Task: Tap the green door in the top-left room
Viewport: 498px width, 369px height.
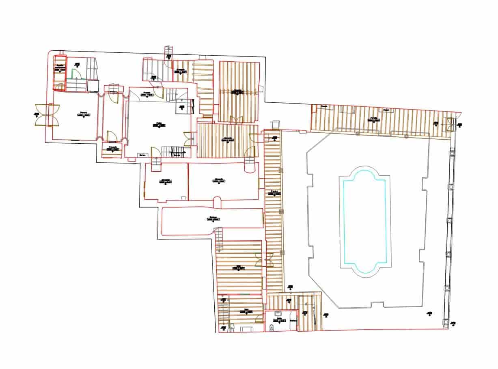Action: [x=75, y=73]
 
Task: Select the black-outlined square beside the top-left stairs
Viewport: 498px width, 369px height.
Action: [x=93, y=86]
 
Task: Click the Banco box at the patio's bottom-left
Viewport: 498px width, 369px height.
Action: [x=142, y=155]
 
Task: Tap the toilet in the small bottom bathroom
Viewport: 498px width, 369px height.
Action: [x=272, y=327]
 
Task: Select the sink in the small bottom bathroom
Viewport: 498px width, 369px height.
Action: [x=278, y=314]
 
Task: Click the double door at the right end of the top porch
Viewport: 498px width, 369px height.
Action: [x=449, y=124]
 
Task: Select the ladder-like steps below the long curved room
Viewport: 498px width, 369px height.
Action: [x=219, y=240]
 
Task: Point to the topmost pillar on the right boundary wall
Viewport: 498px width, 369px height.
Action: [x=450, y=154]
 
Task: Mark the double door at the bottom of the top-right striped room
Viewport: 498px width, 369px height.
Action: [x=236, y=119]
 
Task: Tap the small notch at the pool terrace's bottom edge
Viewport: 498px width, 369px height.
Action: [x=377, y=305]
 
